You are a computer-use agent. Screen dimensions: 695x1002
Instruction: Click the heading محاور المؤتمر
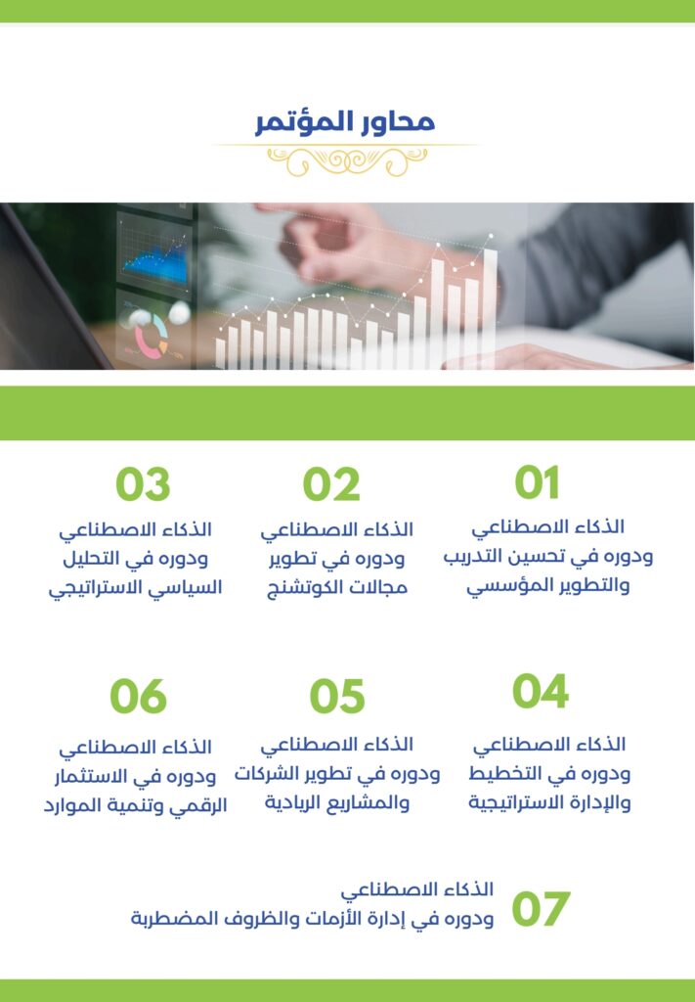(x=345, y=122)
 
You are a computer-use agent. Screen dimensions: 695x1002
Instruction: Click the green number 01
(x=538, y=482)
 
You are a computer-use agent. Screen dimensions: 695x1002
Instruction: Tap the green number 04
(x=540, y=691)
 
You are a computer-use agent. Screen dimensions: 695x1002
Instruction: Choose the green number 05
(x=337, y=696)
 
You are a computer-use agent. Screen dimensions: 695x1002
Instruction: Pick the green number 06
(x=139, y=696)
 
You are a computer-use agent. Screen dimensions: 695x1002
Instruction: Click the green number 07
(x=540, y=909)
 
